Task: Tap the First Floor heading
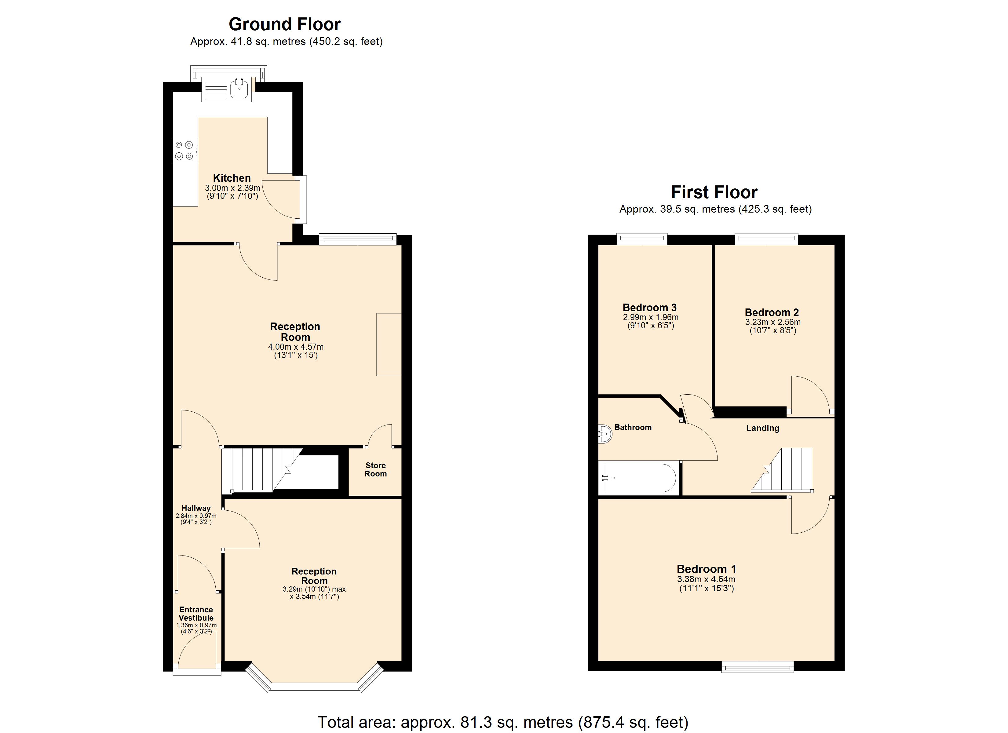(x=714, y=192)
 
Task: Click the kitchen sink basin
(x=239, y=89)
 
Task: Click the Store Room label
(x=375, y=469)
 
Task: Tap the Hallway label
(x=196, y=508)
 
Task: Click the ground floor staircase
(x=262, y=469)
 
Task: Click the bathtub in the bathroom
(x=639, y=478)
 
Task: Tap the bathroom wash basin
(x=605, y=434)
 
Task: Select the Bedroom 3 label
(x=649, y=308)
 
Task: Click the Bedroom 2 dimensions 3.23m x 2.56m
(x=773, y=322)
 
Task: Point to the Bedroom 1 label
(x=707, y=569)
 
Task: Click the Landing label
(x=763, y=428)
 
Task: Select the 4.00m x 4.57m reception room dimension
(x=296, y=347)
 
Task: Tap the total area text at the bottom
(x=503, y=722)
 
